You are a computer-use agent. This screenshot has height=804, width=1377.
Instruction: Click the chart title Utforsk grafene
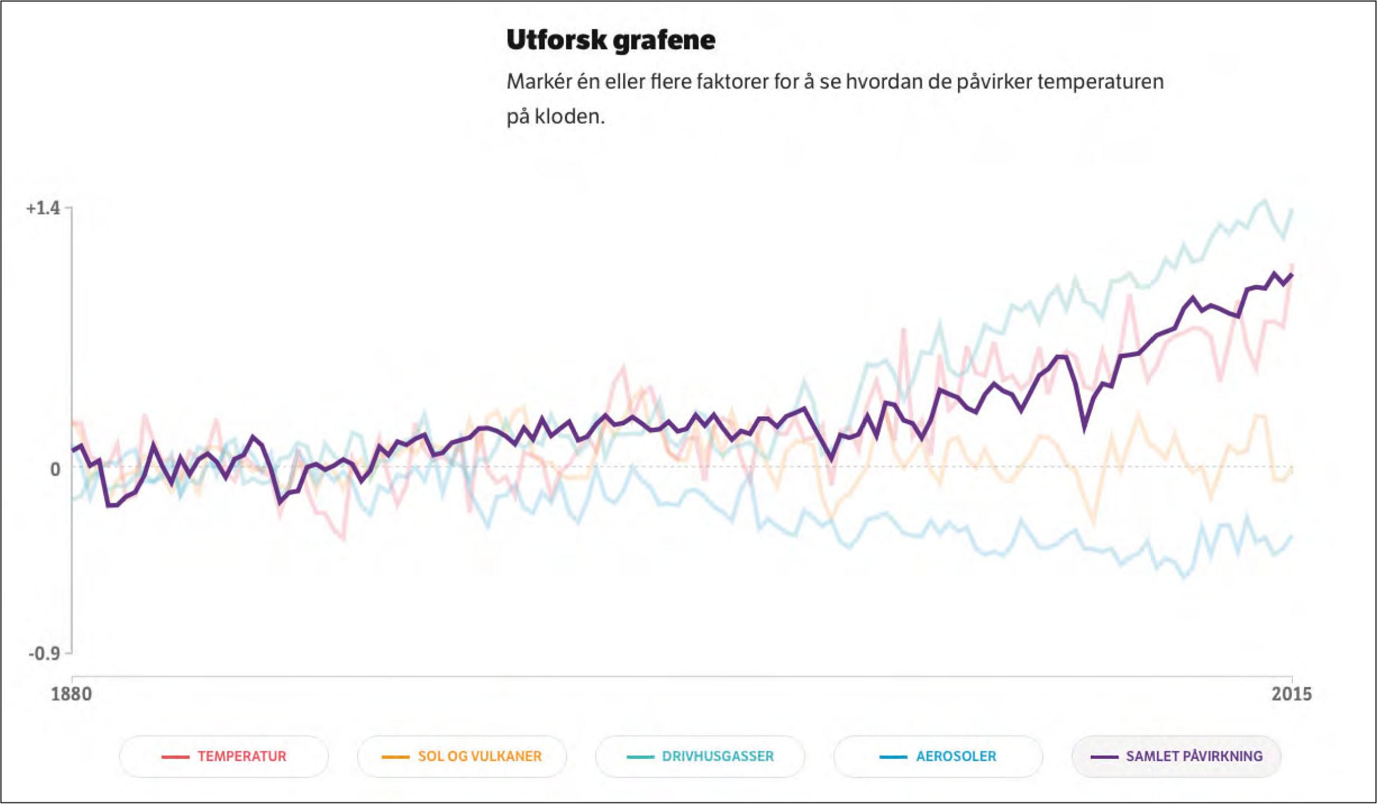[x=611, y=40]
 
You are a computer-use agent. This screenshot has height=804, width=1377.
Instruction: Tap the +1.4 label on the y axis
[x=43, y=208]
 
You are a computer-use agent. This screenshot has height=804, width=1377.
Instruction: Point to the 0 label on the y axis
[x=55, y=469]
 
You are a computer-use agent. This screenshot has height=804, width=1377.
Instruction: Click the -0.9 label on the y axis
[x=44, y=653]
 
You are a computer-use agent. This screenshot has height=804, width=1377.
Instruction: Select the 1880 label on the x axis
[x=71, y=694]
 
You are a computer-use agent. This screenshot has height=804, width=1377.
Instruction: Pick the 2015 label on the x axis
[x=1291, y=694]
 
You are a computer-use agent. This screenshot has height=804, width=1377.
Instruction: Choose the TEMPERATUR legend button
[x=224, y=756]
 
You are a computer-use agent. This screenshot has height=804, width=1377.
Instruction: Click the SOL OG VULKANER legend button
[x=462, y=756]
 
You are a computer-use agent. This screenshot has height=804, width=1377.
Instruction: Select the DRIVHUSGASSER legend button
[x=700, y=756]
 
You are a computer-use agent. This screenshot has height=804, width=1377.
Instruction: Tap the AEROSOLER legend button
[x=938, y=756]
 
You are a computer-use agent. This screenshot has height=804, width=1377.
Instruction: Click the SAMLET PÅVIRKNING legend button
[x=1176, y=756]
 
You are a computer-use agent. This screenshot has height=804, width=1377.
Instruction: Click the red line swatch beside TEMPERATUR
[x=175, y=757]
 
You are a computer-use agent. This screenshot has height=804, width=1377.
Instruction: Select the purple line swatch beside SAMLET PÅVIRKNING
[x=1104, y=757]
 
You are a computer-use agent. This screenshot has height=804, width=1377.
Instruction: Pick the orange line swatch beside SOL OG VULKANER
[x=395, y=757]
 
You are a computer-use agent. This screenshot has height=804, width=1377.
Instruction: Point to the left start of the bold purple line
[x=73, y=449]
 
